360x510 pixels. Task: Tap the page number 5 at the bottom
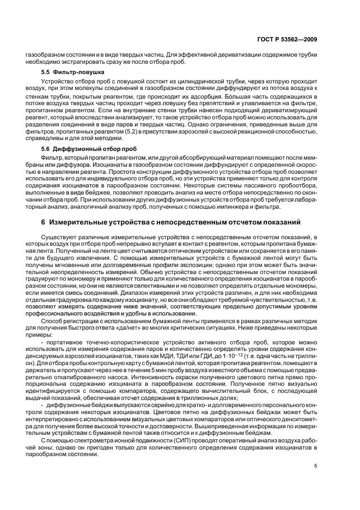pos(315,465)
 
